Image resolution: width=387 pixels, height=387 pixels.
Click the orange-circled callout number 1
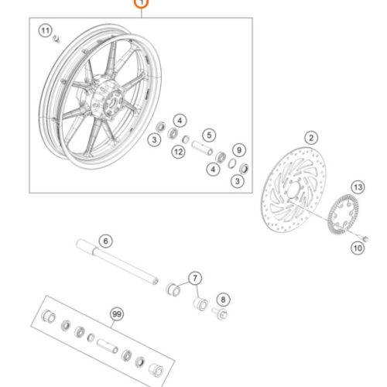(x=142, y=3)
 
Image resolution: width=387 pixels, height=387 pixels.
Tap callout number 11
(x=46, y=31)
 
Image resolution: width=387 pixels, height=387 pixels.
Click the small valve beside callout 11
(x=57, y=39)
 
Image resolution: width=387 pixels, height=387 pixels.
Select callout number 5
(x=209, y=135)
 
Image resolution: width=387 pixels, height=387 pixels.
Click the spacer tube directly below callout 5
(x=202, y=148)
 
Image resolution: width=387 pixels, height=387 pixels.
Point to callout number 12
(x=179, y=152)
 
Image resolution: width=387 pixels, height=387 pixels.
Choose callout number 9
(x=239, y=150)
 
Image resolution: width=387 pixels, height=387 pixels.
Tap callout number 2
(x=311, y=138)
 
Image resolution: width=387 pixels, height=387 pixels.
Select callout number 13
(x=358, y=187)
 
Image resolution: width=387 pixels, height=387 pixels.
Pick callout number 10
(x=358, y=248)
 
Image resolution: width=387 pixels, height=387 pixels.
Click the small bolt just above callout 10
(x=364, y=238)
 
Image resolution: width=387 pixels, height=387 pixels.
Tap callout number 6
(x=106, y=241)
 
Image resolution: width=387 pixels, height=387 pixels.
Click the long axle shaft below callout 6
(x=118, y=262)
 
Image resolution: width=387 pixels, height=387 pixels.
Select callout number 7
(x=195, y=278)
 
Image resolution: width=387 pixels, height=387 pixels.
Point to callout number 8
(x=223, y=300)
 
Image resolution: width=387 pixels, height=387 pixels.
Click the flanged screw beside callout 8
(x=220, y=313)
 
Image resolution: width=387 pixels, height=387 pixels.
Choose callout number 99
(x=117, y=314)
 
